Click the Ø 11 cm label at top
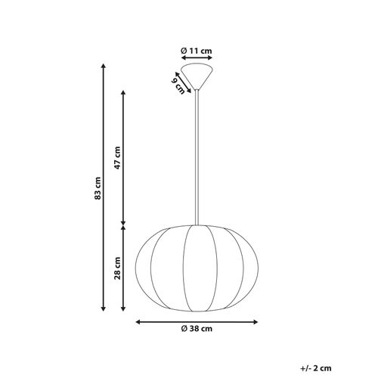(x=197, y=50)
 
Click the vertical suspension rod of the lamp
(x=197, y=151)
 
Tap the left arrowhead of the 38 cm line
(x=139, y=322)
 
